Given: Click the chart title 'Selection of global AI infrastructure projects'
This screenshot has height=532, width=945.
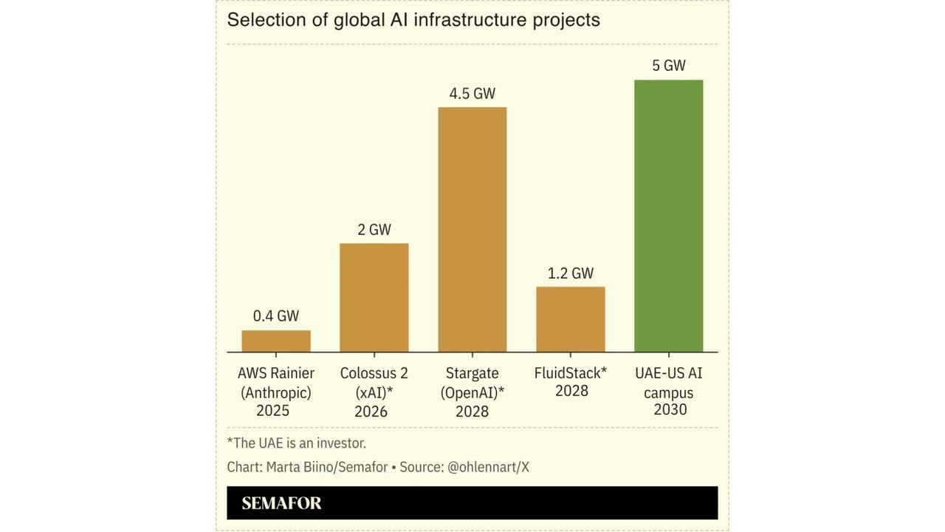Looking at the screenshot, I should (413, 20).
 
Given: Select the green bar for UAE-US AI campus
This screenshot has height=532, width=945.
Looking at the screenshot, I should (668, 216).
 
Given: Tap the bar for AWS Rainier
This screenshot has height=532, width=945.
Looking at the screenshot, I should (276, 341).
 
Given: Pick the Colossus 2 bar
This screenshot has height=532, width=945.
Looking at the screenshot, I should (374, 297).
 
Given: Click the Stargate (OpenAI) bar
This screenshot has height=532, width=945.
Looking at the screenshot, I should (472, 229).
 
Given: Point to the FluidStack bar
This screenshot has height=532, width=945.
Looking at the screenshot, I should (570, 319).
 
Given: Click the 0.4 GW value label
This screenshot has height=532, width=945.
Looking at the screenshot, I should (276, 316).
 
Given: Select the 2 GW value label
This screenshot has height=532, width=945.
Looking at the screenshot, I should (374, 230).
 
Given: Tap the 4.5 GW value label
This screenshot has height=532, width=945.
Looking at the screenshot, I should (472, 94).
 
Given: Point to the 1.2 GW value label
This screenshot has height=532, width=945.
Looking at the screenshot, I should (570, 273).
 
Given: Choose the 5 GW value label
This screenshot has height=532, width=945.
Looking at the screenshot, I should (668, 66).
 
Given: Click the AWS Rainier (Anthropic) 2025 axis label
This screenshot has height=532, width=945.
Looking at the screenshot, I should (275, 392).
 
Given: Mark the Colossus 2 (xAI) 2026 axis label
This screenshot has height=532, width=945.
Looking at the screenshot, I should (374, 392).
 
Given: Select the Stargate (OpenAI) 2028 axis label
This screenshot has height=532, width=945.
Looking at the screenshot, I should (472, 392).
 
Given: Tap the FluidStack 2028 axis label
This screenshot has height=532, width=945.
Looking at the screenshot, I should (571, 382).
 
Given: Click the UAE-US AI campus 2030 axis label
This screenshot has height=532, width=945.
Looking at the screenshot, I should (669, 392).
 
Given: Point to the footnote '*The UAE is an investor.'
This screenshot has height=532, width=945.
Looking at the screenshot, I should (297, 443).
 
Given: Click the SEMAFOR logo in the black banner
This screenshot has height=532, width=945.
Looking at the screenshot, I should (281, 503).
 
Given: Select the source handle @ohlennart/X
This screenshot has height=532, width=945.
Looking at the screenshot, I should (488, 467).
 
